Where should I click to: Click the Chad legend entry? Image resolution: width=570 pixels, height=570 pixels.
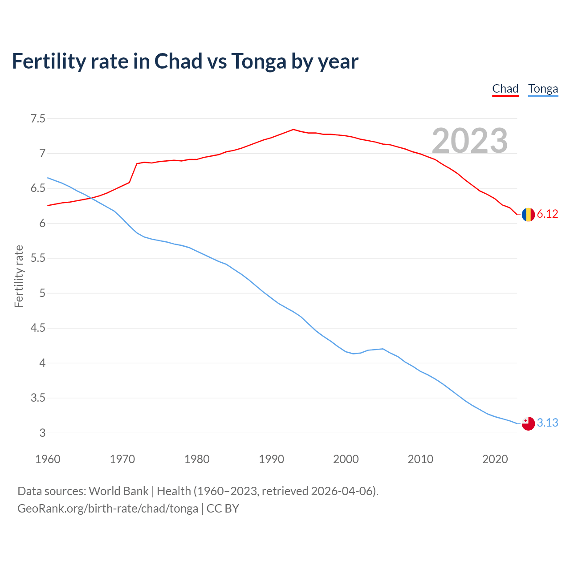coord(505,89)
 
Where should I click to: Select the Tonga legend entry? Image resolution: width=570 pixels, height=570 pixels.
coord(543,89)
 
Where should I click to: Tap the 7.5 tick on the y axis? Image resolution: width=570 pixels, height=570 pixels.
coord(38,119)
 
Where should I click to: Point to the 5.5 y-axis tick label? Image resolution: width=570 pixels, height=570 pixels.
coord(38,258)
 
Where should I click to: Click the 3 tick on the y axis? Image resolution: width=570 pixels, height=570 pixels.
coord(42,433)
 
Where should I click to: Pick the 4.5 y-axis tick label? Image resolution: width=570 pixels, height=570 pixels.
coord(38,328)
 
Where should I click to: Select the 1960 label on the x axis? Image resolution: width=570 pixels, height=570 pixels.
coord(48,459)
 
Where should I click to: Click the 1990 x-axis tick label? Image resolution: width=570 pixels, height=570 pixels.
coord(271,459)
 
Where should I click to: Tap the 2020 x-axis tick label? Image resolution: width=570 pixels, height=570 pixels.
coord(495,459)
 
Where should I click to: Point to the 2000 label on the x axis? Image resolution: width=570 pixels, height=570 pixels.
coord(346,459)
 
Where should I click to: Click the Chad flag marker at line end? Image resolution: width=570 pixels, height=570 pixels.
coord(528,215)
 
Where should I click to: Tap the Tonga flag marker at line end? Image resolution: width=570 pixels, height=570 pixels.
coord(528,423)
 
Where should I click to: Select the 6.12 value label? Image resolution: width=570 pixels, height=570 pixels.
coord(547,214)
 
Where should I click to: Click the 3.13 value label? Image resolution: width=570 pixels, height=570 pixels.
coord(547,423)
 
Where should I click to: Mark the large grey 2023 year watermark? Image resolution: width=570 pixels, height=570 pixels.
coord(470,141)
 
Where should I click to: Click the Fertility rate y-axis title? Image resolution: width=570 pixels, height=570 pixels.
coord(19,276)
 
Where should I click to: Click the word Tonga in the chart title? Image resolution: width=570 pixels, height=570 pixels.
coord(259,61)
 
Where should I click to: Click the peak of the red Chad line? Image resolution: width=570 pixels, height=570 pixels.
coord(293,130)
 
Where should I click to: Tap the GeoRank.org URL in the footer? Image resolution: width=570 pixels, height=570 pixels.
coord(108,509)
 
